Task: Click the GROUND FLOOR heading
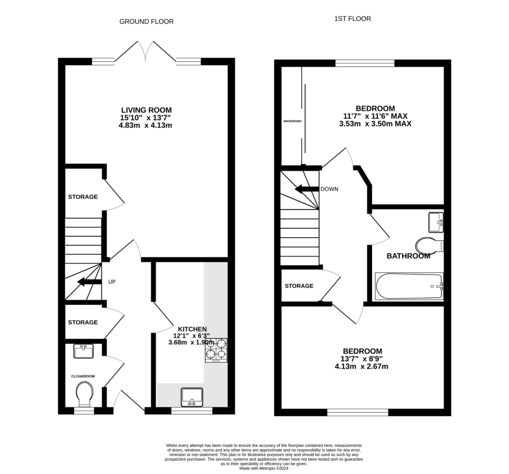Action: pos(146,21)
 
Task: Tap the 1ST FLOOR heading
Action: pos(352,19)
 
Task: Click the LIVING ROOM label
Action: pos(146,110)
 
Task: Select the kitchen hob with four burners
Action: pos(216,349)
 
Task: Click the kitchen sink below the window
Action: pos(192,396)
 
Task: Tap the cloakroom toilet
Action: pos(85,393)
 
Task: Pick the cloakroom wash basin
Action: pos(83,351)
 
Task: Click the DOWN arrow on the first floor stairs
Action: pos(306,189)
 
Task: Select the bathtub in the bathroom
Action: pos(409,286)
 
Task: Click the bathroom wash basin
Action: pos(436,222)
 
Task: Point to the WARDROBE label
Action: pos(293,121)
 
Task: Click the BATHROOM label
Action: pos(408,256)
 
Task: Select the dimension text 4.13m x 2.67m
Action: pos(361,367)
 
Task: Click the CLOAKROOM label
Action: pos(83,377)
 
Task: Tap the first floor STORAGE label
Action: pos(299,286)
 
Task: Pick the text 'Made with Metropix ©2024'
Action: pos(264,468)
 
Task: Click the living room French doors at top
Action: pos(146,52)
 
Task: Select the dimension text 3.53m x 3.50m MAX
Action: pos(375,124)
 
